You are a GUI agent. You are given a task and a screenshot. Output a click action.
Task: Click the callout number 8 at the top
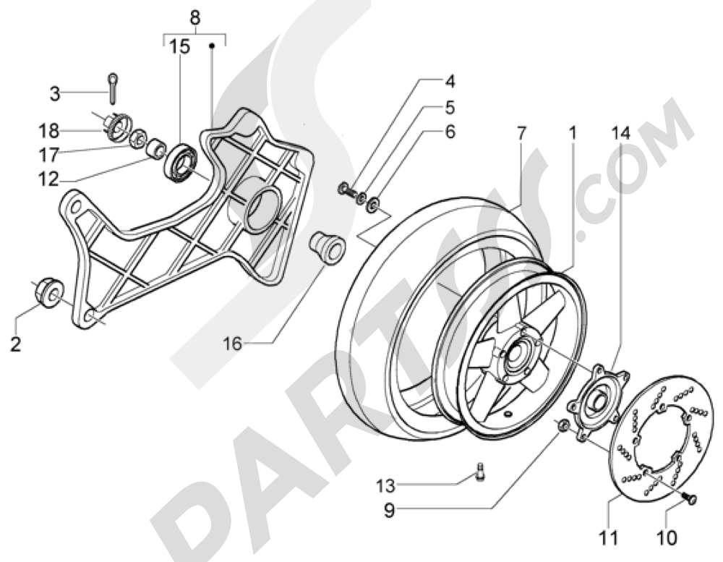pyautogui.click(x=193, y=17)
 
